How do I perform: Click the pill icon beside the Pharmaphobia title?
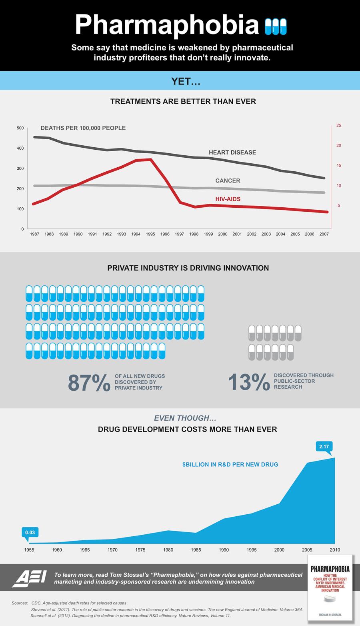pos(276,27)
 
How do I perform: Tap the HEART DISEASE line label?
pos(232,152)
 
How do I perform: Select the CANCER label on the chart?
pos(228,181)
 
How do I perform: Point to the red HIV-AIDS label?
pos(228,199)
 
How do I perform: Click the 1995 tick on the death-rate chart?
pos(150,234)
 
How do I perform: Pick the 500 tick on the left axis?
pos(20,128)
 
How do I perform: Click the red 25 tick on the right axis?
pos(338,126)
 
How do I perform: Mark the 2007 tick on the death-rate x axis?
pos(324,234)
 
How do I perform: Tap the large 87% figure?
pos(89,383)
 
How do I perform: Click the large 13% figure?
pos(248,382)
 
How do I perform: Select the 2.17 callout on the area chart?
pos(324,446)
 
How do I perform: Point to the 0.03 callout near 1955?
pos(30,532)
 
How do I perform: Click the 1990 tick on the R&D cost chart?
pos(224,550)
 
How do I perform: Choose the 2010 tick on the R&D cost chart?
pos(335,550)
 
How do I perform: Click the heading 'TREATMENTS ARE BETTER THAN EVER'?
pos(183,102)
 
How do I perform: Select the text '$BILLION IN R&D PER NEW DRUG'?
pos(230,465)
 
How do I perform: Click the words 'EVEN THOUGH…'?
pos(185,418)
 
